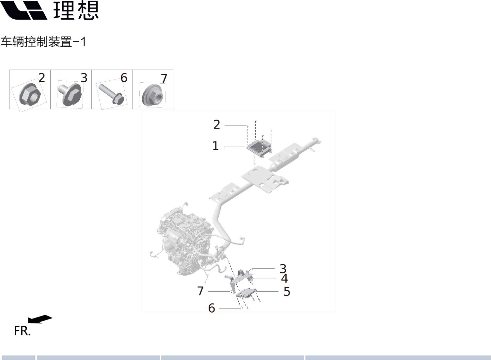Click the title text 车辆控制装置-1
[x=43, y=42]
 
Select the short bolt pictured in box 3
[x=70, y=95]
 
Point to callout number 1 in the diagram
[x=216, y=146]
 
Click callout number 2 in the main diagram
[x=216, y=124]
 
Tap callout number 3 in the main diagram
[x=283, y=269]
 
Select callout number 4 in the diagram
[x=284, y=278]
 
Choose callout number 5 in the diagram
[x=287, y=291]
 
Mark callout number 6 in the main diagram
[x=212, y=308]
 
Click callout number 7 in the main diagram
[x=200, y=291]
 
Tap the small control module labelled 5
[x=246, y=293]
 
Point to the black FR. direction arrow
[x=40, y=319]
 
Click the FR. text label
[x=22, y=331]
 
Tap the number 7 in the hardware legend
[x=164, y=78]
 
